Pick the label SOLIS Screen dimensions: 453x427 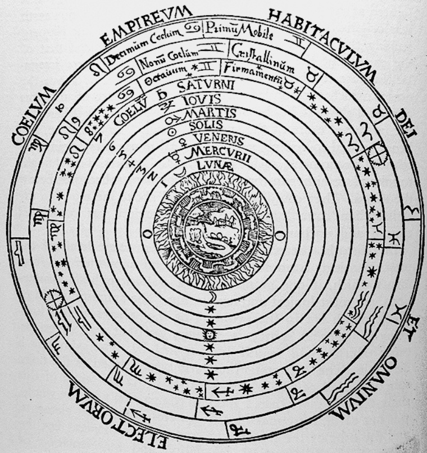[x=207, y=125]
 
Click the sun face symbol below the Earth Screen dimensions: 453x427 [x=210, y=336]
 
